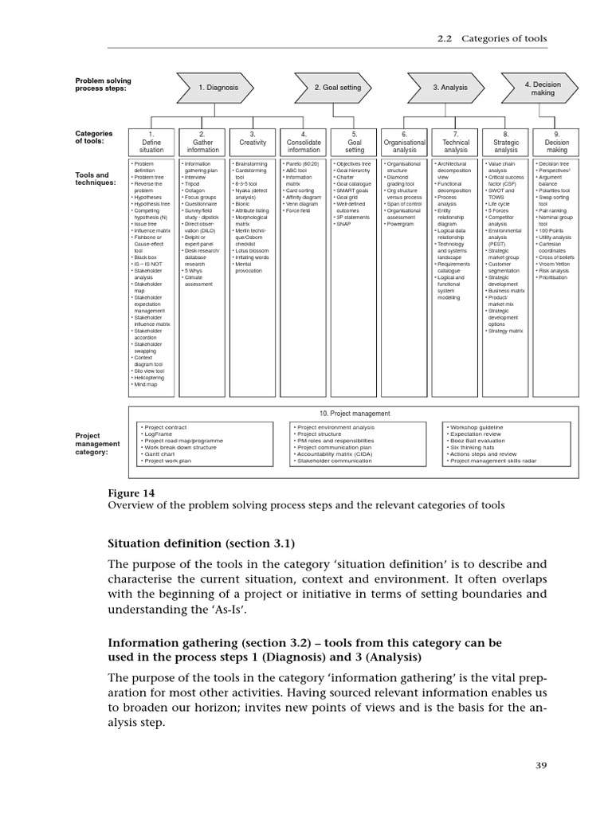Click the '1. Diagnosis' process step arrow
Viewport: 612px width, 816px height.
tap(218, 87)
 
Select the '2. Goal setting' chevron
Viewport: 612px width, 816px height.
tap(337, 87)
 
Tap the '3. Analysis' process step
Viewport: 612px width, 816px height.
tap(450, 87)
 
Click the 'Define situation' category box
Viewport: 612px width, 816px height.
tap(151, 142)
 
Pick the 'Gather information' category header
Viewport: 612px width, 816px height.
tap(202, 142)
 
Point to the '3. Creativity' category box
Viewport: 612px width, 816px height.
tap(253, 142)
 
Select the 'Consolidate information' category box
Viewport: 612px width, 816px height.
tap(304, 142)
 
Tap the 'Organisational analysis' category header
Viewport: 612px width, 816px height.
tap(405, 142)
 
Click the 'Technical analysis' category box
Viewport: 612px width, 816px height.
tap(456, 142)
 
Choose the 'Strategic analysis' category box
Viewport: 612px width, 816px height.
tap(506, 142)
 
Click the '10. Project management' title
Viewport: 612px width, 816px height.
tap(355, 414)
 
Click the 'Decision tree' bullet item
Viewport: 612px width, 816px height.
tap(552, 164)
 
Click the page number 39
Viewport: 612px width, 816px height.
tap(541, 766)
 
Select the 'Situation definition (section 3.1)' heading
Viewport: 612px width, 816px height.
tap(201, 543)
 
